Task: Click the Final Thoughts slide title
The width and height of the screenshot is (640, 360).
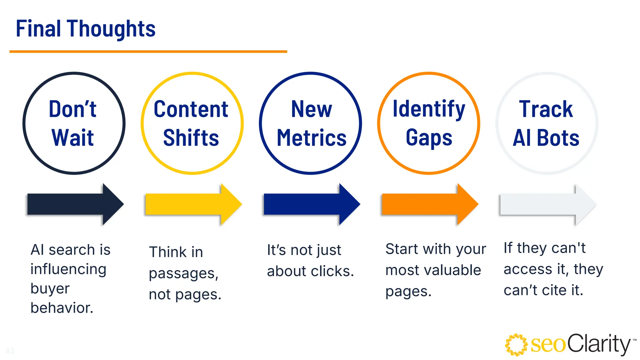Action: [x=85, y=29]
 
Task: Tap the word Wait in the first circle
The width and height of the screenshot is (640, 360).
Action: [x=72, y=138]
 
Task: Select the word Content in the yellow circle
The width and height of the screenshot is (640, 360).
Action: [x=191, y=109]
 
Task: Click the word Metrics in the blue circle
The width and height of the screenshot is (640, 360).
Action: [x=312, y=138]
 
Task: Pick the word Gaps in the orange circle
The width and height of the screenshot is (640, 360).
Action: [x=429, y=138]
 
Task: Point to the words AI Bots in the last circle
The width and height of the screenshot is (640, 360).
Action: [x=546, y=138]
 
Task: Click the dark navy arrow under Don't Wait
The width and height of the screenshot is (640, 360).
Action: [x=75, y=204]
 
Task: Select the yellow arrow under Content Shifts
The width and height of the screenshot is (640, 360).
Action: [x=193, y=204]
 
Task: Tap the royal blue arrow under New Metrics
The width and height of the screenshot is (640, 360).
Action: [x=311, y=204]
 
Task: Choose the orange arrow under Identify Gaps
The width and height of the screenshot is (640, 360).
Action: [x=429, y=204]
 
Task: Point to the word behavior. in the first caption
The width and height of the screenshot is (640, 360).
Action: [x=62, y=308]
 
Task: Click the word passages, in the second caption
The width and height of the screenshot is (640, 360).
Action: [x=183, y=273]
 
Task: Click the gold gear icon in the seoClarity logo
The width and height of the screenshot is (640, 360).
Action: [x=516, y=345]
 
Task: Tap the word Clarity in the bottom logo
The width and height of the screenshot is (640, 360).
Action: [x=599, y=344]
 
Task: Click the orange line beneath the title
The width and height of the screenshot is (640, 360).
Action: [x=148, y=52]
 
